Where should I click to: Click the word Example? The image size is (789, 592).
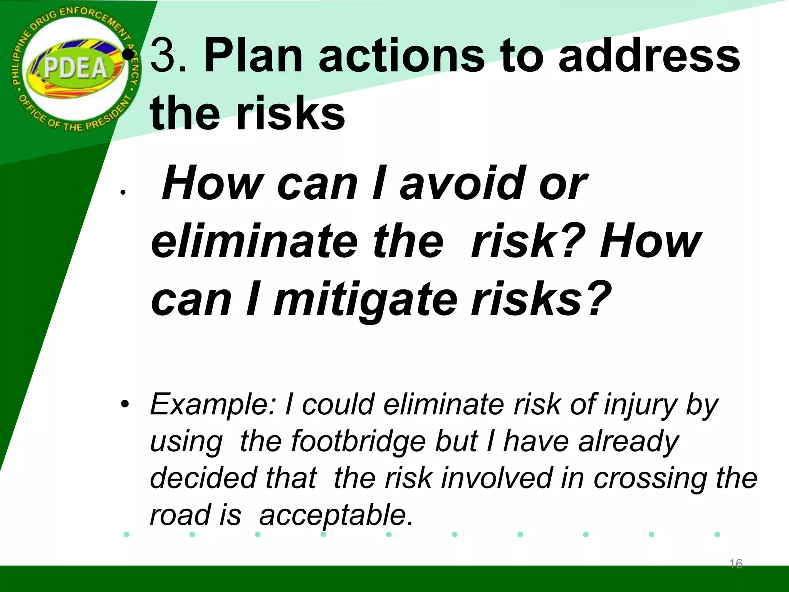click(x=213, y=405)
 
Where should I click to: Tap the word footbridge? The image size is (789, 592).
click(x=358, y=441)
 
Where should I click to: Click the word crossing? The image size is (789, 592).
click(x=651, y=478)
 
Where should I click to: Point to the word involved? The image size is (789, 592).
click(x=497, y=478)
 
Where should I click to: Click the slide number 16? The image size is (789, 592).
click(x=735, y=564)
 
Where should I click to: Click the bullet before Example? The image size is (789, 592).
click(x=124, y=405)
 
